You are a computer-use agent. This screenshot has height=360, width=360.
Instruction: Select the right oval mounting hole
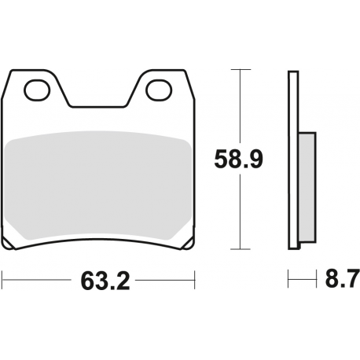[x=158, y=90]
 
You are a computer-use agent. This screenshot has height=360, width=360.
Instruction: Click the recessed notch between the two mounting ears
[x=97, y=105]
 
